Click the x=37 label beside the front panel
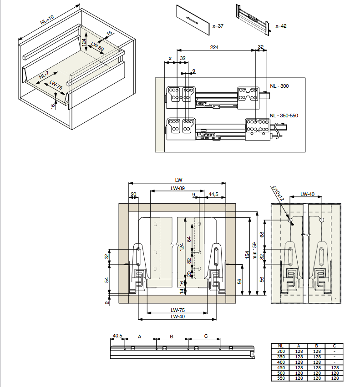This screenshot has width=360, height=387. pos(218,26)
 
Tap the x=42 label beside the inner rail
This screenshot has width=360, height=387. pos(281,26)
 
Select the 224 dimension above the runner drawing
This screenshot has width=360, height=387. pos(214,47)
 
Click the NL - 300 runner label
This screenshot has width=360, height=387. pos(279,86)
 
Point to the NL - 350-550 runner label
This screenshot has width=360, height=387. pos(284,116)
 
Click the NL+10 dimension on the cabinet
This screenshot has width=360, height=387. pos(47,20)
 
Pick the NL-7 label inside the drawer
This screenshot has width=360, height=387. pos(44,75)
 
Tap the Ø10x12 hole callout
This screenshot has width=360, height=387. pos(278,193)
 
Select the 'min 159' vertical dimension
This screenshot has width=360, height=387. pos(255,251)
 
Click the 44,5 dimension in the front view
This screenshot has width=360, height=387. pos(213,194)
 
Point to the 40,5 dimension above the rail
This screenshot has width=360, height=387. pos(117,336)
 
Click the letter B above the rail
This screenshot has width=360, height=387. pos(172,337)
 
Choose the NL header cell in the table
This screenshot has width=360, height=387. pos(280,346)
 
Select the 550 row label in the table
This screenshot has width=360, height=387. pos(281,378)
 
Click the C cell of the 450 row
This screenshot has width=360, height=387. pos(335,367)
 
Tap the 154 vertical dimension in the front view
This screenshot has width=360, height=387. pos(247,255)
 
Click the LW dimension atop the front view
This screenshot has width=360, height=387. pos(178,180)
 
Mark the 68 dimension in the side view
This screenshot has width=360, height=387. pos(262,235)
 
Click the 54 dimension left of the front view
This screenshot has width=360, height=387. pos(106,280)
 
